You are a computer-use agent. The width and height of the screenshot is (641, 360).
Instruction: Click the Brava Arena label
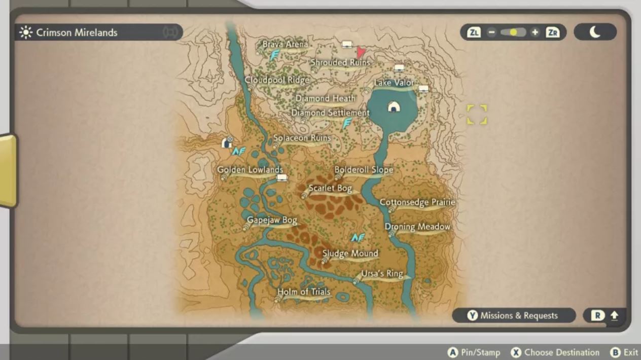point(285,45)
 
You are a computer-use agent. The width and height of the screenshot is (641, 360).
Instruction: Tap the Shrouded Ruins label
point(340,62)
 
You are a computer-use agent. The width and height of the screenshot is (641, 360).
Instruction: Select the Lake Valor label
point(394,83)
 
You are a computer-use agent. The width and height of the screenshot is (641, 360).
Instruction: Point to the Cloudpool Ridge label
point(276,80)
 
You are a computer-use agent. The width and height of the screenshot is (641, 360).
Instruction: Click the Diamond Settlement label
point(330,113)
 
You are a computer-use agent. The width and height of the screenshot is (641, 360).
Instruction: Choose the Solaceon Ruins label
point(302,138)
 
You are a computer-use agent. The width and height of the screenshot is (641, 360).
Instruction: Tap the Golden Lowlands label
point(250,170)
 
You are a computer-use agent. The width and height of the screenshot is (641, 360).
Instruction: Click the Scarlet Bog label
point(330,189)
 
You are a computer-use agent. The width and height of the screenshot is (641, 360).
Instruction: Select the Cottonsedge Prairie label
point(417,202)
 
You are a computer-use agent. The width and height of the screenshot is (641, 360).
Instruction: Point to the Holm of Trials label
point(304,292)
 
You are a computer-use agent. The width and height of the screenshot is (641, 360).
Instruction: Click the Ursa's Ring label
point(382,274)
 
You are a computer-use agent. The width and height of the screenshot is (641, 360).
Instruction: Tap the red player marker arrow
point(361,52)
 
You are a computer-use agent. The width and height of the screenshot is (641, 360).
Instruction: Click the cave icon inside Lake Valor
point(393,107)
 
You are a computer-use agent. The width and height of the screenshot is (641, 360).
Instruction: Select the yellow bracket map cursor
point(477,115)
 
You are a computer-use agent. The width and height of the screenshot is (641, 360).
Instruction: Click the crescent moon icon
point(595,32)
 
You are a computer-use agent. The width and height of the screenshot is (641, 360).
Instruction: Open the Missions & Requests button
point(513,315)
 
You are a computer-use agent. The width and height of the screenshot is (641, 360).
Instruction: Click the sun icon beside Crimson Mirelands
point(25,32)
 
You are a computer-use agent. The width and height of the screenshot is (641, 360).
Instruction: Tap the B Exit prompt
point(624,352)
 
